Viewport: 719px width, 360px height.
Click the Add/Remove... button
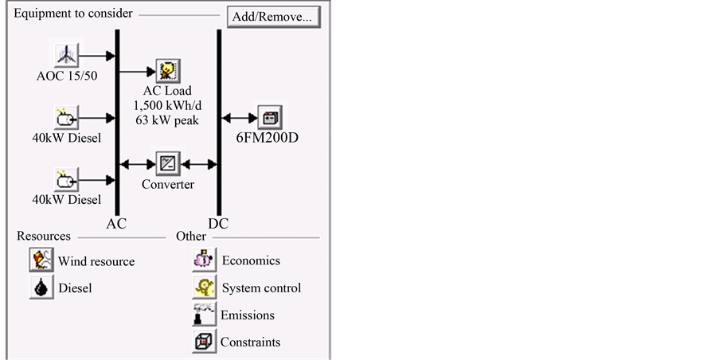pos(273,17)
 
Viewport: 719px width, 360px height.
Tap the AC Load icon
pos(168,71)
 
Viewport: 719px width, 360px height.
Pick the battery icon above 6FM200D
pos(269,117)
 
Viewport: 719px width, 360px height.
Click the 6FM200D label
pos(267,137)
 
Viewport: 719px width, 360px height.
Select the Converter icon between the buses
pos(168,164)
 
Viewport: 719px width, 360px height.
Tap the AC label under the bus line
pos(116,223)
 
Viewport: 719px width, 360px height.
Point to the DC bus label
pos(218,223)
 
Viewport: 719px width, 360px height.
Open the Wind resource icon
pos(41,260)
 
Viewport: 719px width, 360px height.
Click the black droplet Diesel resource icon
pos(41,287)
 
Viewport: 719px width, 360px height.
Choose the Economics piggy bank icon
pos(204,260)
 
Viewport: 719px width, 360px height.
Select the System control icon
pos(204,287)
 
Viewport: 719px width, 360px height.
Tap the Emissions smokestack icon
pos(204,314)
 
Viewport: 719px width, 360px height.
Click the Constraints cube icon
pos(204,342)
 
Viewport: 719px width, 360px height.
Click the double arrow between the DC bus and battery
pos(238,118)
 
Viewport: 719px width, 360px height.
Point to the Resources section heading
pos(44,236)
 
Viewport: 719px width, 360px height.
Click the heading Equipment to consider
pos(73,14)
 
